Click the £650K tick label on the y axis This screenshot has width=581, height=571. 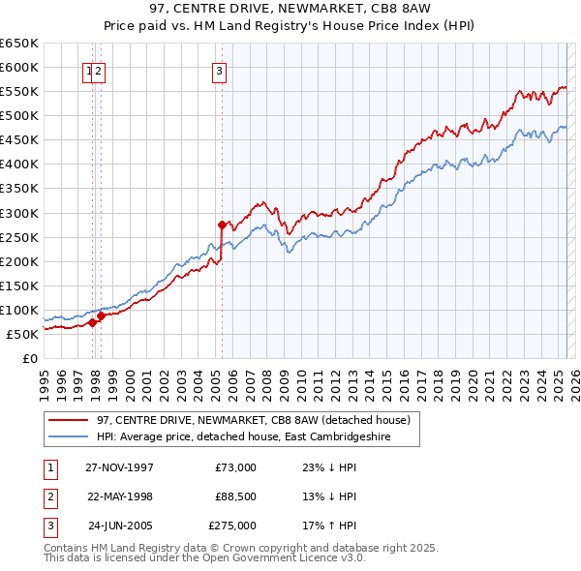(19, 44)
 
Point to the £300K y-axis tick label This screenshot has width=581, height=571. (19, 213)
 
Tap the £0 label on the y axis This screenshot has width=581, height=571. (31, 358)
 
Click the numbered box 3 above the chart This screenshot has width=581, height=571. (220, 70)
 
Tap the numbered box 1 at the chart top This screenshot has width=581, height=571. (89, 70)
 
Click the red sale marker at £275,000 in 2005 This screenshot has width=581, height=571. (222, 225)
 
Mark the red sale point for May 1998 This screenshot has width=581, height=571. (101, 315)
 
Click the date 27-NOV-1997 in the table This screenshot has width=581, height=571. (119, 467)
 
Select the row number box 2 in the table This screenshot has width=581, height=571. (48, 496)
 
